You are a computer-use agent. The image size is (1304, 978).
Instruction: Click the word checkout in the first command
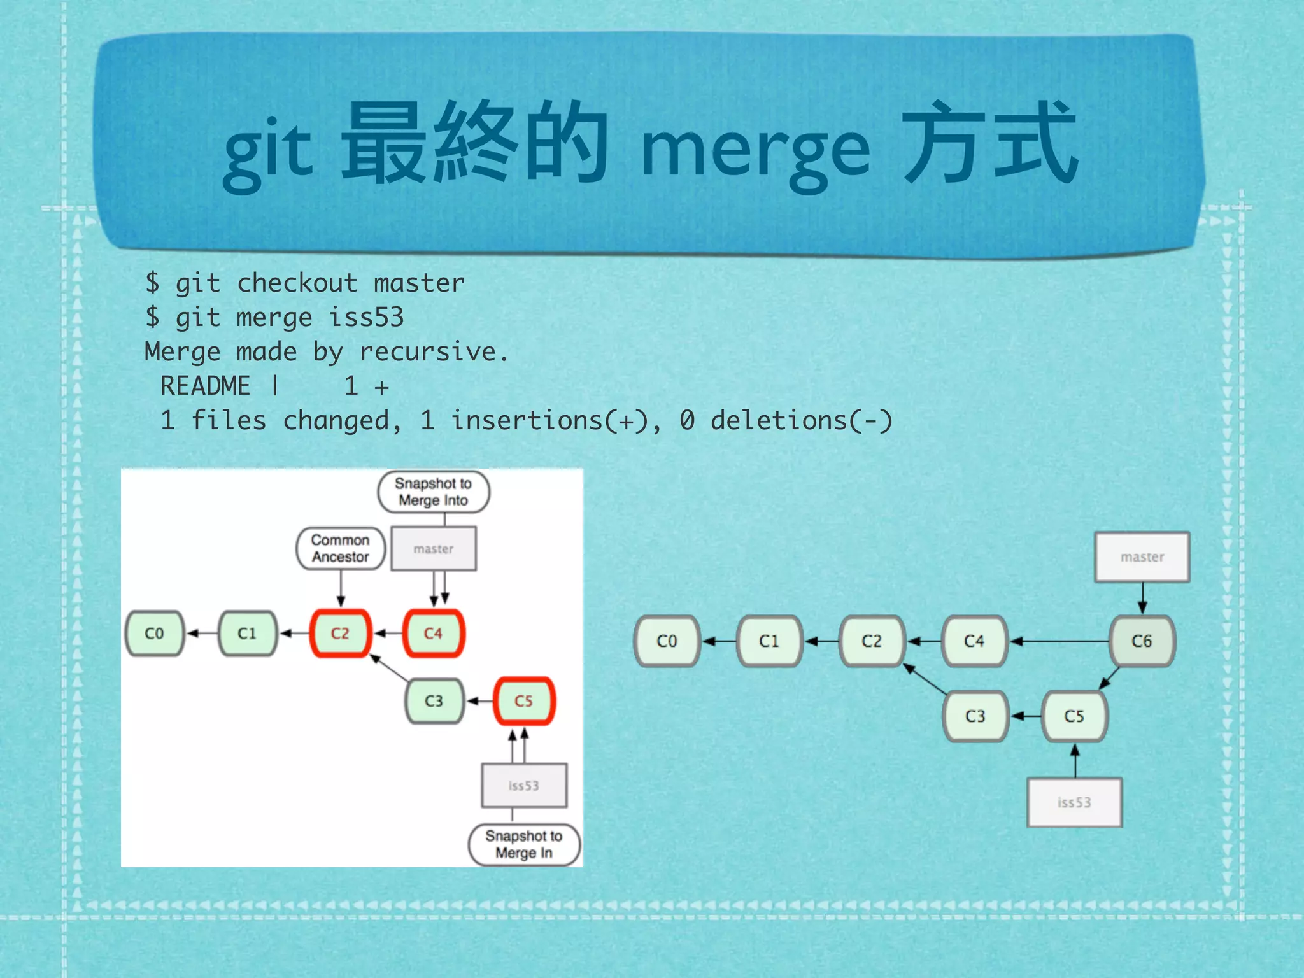297,283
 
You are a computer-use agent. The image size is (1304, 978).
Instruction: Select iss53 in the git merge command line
366,318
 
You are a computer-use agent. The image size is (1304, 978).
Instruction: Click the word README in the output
205,386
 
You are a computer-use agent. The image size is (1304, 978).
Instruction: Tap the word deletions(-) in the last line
802,421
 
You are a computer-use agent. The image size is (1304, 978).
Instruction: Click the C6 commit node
1142,641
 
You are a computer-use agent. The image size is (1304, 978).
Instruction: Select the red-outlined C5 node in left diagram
524,701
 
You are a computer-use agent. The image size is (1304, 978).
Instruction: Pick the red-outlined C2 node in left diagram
340,634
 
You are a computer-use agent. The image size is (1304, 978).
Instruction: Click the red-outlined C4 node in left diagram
433,634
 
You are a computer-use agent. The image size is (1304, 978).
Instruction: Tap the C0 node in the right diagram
667,641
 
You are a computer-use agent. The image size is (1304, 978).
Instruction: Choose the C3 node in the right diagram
975,716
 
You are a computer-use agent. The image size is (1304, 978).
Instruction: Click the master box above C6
1142,557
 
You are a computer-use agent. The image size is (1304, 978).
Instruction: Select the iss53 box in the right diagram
1074,802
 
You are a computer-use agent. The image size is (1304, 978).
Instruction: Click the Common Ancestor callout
340,548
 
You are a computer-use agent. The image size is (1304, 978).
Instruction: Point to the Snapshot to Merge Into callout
433,492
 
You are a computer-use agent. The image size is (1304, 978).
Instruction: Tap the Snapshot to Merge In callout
524,844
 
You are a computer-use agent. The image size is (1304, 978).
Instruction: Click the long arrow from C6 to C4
1060,641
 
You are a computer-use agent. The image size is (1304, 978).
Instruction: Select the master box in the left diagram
433,549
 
